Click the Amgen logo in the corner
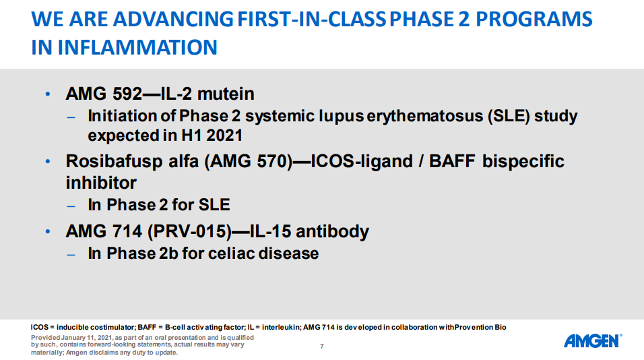[x=593, y=340]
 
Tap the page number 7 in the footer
[x=321, y=347]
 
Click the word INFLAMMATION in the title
[x=137, y=47]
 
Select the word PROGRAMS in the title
[x=534, y=19]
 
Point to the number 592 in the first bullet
[x=127, y=94]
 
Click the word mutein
[x=226, y=94]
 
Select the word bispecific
[x=523, y=162]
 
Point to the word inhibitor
[x=101, y=183]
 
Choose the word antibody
[x=332, y=231]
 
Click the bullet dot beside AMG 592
[x=48, y=94]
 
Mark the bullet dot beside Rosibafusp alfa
[x=48, y=162]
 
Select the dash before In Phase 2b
[x=71, y=255]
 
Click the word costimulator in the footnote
[x=112, y=328]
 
